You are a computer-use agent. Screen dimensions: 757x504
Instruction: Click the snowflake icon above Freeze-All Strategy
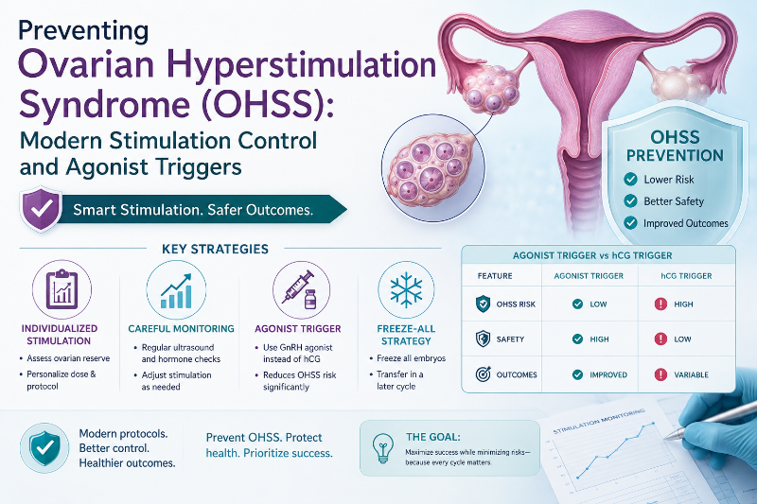[406, 290]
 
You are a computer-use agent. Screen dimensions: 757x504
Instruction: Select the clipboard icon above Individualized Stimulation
[62, 289]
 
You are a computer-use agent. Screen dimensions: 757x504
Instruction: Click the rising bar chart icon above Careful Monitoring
[176, 291]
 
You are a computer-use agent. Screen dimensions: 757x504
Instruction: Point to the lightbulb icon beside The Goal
[383, 448]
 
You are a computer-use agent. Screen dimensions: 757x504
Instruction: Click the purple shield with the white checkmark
[41, 209]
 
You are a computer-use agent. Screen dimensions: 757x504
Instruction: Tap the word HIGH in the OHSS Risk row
[683, 304]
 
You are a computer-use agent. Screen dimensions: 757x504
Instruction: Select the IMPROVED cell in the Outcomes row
[608, 374]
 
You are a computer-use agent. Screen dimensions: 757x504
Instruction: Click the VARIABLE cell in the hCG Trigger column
[691, 374]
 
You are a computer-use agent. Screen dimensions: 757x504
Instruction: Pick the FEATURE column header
[495, 276]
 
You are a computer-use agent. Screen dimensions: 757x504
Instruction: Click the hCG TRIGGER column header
[686, 276]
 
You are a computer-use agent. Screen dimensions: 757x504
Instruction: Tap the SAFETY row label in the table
[510, 339]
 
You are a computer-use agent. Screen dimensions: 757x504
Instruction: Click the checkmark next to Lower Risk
[630, 179]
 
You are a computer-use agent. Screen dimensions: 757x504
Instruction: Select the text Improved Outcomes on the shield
[685, 223]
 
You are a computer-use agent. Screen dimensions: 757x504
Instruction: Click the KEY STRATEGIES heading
[216, 249]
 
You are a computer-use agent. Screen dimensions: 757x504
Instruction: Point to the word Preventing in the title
[83, 31]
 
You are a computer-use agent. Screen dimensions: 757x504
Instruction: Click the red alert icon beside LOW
[660, 339]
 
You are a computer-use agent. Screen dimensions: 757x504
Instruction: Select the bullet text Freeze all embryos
[412, 358]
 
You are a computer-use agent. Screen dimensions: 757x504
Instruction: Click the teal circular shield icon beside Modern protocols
[44, 447]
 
